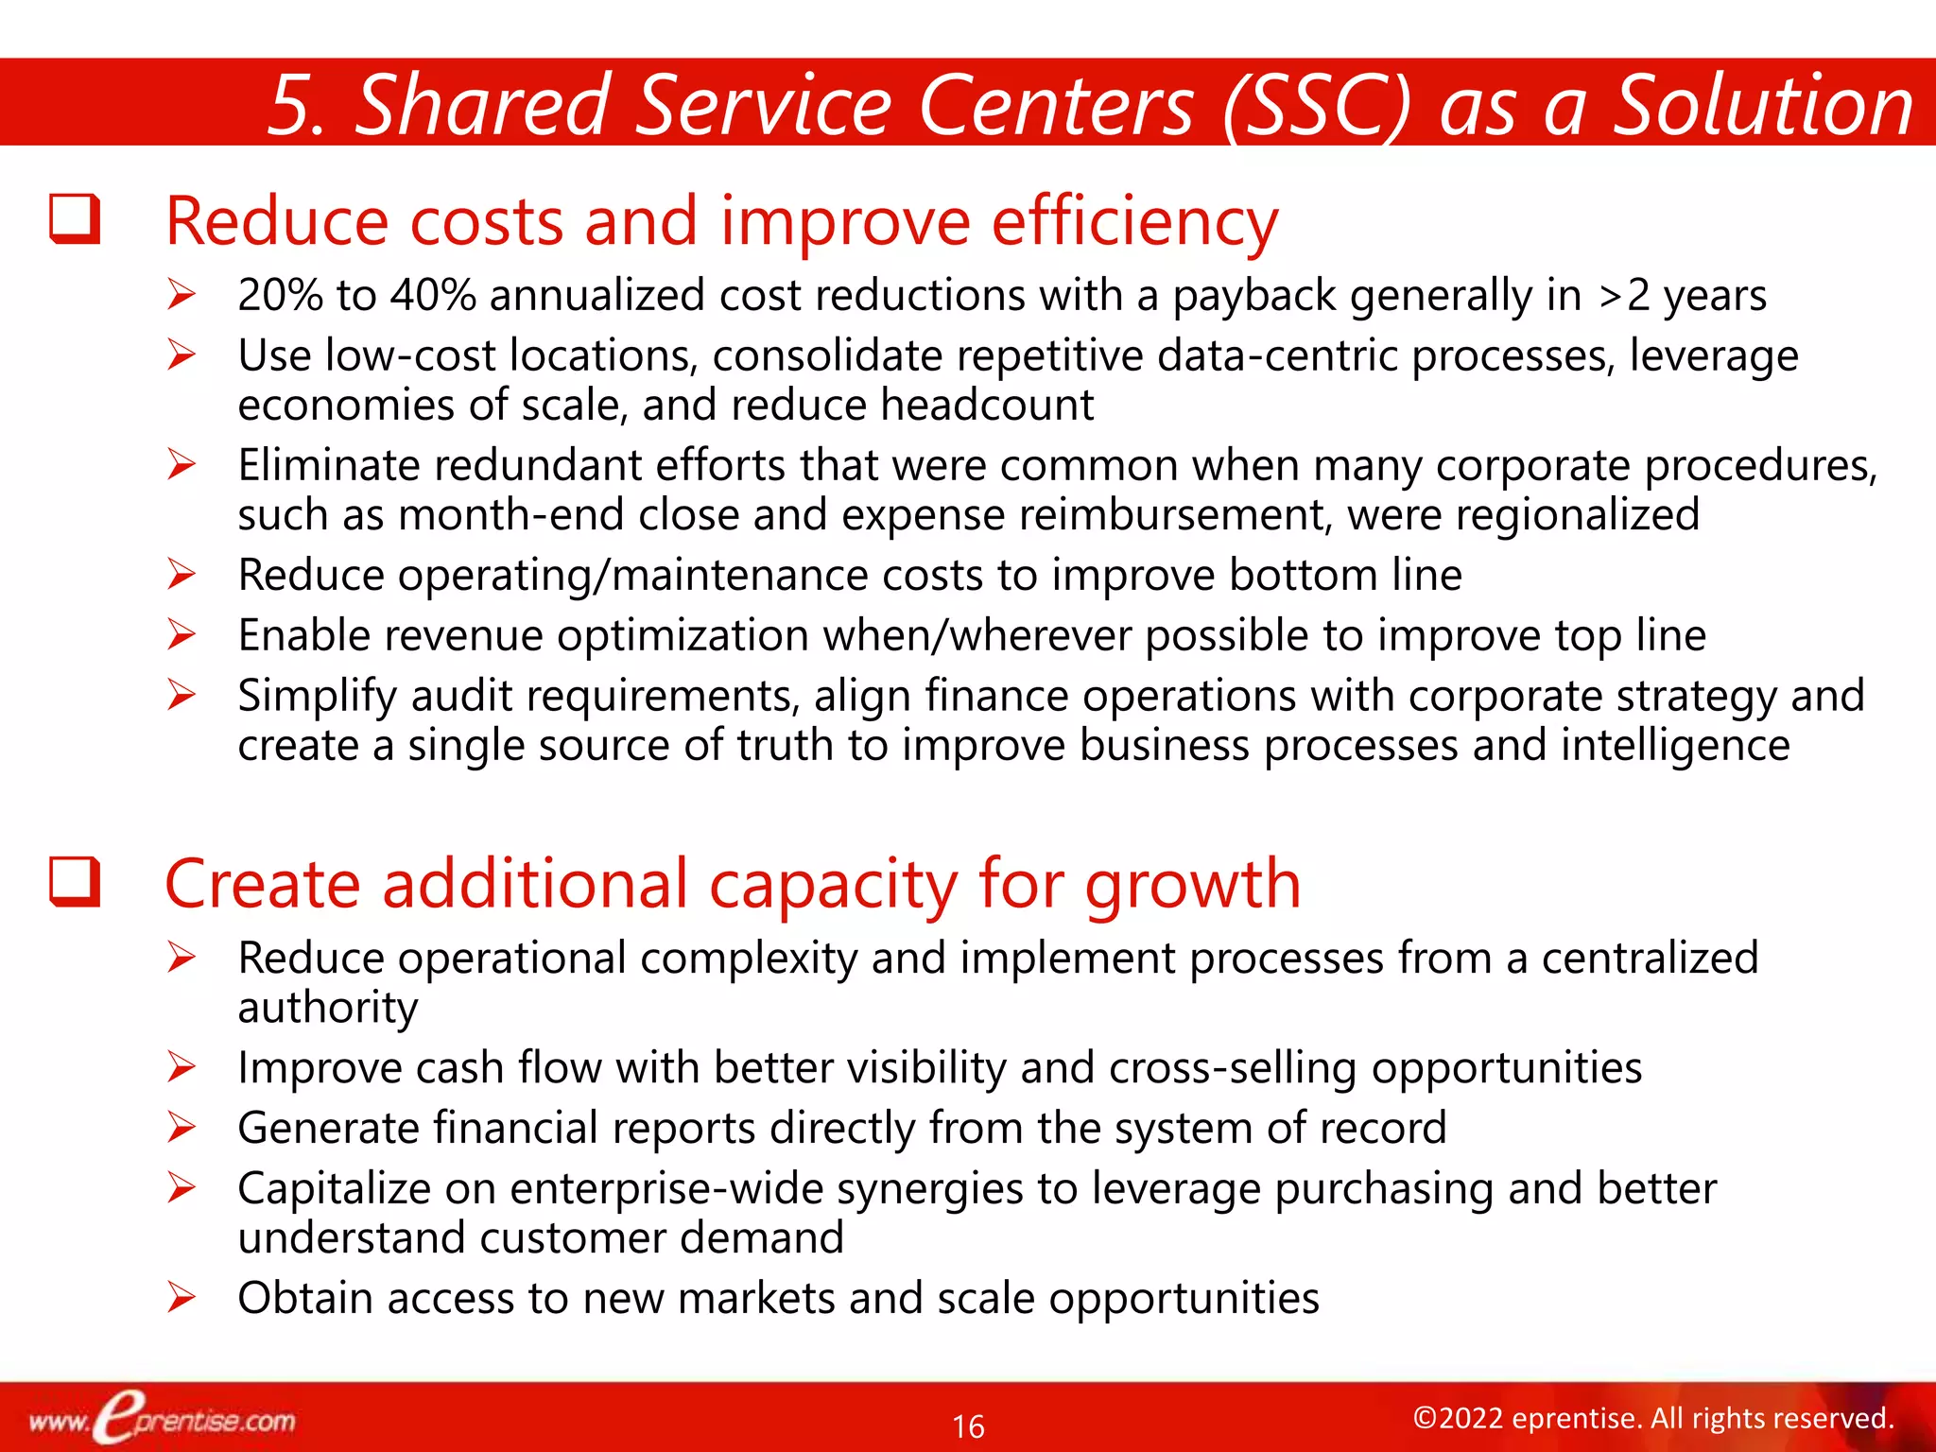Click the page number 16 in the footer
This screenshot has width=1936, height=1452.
coord(968,1426)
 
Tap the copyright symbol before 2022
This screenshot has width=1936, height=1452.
coord(1425,1418)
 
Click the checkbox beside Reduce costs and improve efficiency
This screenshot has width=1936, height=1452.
coord(75,219)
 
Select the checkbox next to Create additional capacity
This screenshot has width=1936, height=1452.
coord(75,882)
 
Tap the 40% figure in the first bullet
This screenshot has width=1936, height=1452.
coord(434,295)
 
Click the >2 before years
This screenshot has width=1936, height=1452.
coord(1624,295)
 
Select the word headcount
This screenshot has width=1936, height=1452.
coord(987,405)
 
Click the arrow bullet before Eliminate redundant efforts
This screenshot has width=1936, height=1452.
coord(181,464)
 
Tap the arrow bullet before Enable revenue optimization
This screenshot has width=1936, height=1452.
coord(181,634)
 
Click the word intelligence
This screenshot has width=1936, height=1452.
coord(1674,745)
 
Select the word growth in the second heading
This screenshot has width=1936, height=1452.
coord(1192,884)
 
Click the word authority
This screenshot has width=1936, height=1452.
coord(327,1008)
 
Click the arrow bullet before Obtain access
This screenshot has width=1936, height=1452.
coord(181,1297)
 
